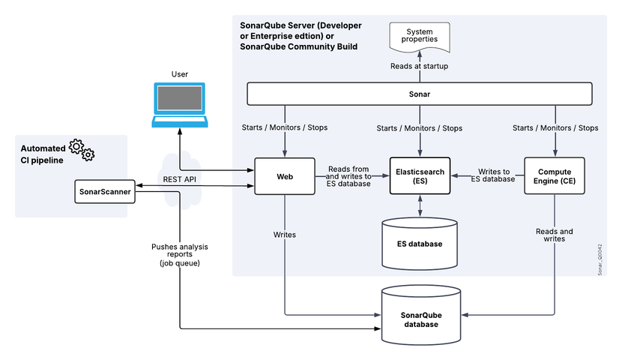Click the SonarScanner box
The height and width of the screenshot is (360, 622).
coord(106,191)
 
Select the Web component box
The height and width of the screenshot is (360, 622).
coord(284,177)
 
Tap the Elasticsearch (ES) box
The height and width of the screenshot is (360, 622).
coord(420,177)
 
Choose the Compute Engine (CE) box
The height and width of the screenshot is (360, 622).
coord(555,177)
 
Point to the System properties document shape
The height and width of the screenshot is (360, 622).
coord(420,36)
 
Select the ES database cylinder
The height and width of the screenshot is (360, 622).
coord(420,244)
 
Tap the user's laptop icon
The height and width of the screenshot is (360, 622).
coord(179,104)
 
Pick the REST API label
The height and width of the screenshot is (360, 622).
coord(180,179)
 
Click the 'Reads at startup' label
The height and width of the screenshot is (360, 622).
coord(420,66)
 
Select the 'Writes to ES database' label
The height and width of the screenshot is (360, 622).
coord(493,175)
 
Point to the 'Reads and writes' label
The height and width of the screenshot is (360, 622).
coord(555,235)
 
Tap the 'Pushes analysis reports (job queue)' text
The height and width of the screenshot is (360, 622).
coord(179,255)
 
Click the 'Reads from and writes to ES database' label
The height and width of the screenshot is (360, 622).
coord(348,176)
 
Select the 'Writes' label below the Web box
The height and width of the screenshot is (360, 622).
coord(284,235)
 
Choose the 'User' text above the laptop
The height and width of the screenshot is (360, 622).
coord(179,74)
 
